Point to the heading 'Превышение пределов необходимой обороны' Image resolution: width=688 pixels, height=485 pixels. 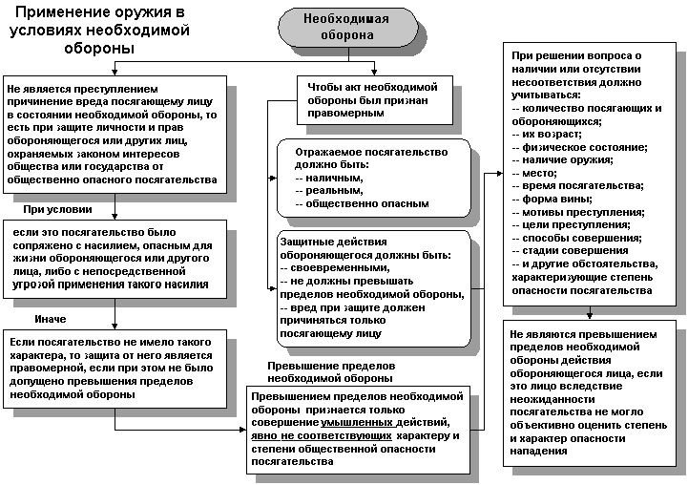[330, 371]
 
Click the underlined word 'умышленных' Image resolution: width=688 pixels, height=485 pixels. [401, 420]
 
